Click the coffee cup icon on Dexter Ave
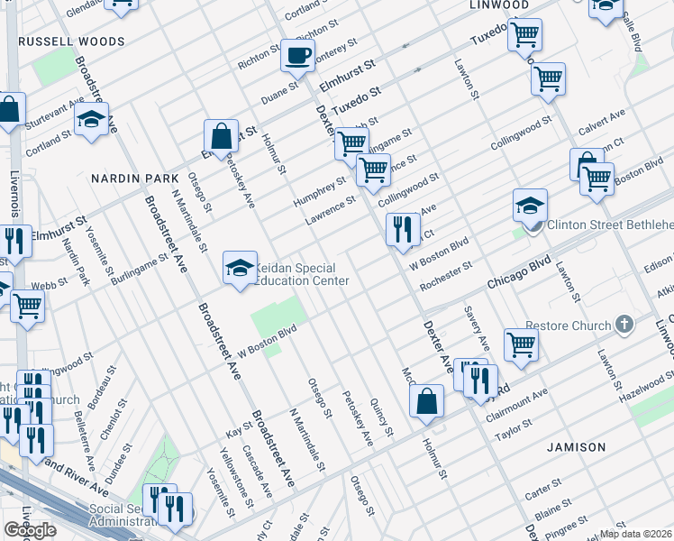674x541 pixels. [296, 57]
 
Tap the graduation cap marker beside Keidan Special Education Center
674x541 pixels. [240, 268]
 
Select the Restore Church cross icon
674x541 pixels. [623, 325]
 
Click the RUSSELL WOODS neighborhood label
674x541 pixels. [71, 41]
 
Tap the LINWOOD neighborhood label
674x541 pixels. [498, 5]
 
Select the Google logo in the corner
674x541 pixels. [30, 530]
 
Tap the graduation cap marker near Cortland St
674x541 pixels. [91, 119]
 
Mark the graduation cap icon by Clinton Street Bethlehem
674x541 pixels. [530, 206]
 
